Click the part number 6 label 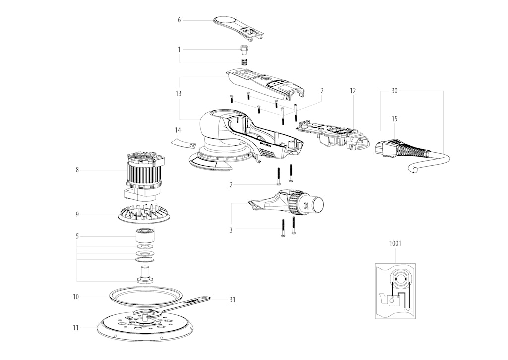179,20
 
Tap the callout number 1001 395,243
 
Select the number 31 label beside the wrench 232,300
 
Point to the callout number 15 394,119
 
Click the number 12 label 353,91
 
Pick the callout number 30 394,91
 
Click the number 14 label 178,130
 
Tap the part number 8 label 77,170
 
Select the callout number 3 231,230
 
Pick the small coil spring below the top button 244,61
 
